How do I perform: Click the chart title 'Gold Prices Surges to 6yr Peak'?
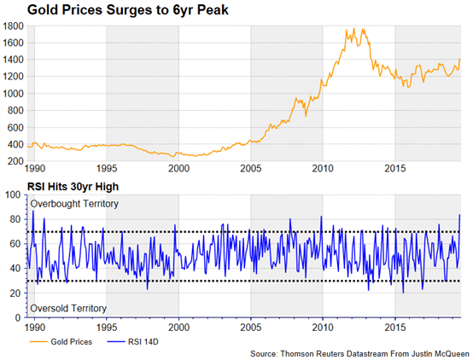pos(127,10)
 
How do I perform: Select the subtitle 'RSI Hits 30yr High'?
pos(73,187)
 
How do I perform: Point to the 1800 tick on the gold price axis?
pos(13,26)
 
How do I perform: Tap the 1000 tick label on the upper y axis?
pos(13,94)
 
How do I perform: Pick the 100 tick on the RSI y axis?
pos(14,195)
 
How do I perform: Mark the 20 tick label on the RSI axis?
pos(16,293)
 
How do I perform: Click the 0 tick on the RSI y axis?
pos(19,317)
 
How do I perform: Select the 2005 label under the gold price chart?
pos(251,169)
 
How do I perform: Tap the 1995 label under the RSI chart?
pos(107,328)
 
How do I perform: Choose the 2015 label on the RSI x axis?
pos(395,328)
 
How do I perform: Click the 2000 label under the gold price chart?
pos(179,169)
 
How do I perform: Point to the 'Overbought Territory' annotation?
pos(74,204)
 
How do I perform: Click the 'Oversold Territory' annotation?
pos(68,309)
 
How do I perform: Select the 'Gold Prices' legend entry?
pos(61,342)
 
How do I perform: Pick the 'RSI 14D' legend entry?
pos(132,342)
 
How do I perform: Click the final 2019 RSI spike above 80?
pos(459,215)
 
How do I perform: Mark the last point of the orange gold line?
pos(460,59)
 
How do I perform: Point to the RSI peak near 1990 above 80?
pos(33,211)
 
